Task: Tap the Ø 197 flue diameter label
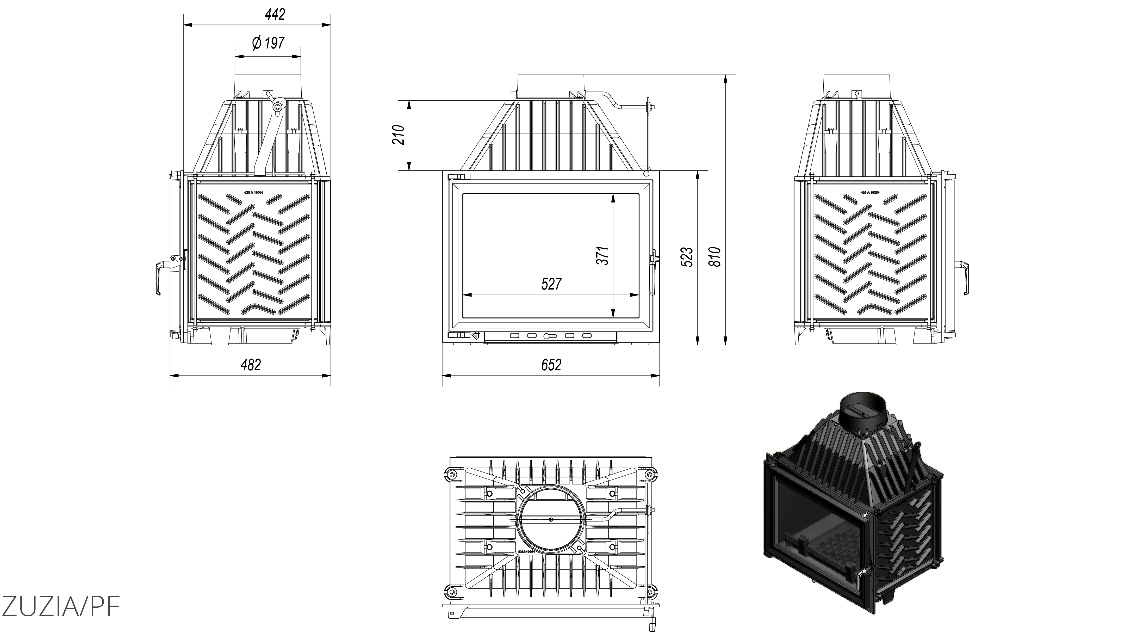pyautogui.click(x=268, y=43)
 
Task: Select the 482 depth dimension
pyautogui.click(x=251, y=365)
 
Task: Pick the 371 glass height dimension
pyautogui.click(x=603, y=256)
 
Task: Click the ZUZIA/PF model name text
pyautogui.click(x=60, y=605)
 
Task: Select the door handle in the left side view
pyautogui.click(x=158, y=277)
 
